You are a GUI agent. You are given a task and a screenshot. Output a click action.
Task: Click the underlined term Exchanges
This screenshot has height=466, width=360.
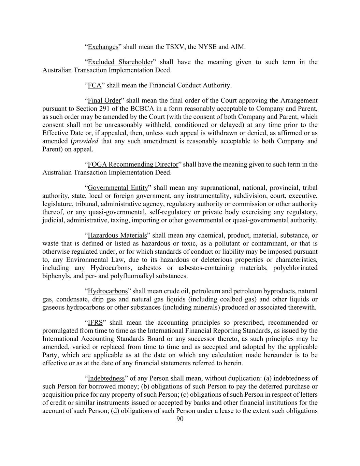pos(103,47)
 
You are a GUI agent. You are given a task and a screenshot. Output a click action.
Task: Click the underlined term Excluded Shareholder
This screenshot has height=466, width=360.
pos(120,62)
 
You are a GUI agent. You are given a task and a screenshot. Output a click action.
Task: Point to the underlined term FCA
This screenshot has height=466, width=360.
pos(95,85)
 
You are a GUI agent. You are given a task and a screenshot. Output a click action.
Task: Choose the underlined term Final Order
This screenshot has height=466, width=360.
pos(104,101)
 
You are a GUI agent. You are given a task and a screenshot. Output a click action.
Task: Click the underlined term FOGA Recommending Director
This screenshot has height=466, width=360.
pos(133,165)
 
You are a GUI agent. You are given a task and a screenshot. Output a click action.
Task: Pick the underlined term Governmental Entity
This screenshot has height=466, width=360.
pos(118,188)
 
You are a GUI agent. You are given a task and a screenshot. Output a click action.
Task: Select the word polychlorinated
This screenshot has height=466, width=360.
pos(295,268)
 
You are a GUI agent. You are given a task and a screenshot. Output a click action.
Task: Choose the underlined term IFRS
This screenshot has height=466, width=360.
pos(95,323)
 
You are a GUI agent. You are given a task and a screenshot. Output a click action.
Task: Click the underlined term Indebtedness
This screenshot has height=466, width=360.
pos(106,379)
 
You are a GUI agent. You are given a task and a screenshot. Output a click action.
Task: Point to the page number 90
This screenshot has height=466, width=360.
pos(180,419)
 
